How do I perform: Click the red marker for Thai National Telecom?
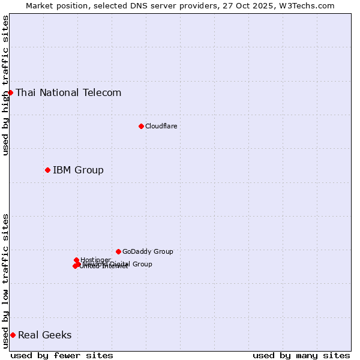tap(10, 92)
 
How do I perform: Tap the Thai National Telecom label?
tap(68, 92)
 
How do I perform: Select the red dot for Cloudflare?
tap(141, 126)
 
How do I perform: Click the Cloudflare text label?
tap(161, 126)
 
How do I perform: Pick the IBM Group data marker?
tap(47, 170)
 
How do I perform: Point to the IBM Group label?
tap(78, 170)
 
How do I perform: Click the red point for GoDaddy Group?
tap(118, 251)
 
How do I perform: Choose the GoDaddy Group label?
tap(148, 251)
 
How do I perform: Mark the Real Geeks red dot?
tap(13, 335)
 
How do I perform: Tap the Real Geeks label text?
tap(44, 335)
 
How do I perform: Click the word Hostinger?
tap(95, 260)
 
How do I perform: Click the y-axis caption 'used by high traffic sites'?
tap(5, 85)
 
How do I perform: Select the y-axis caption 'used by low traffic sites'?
tap(5, 281)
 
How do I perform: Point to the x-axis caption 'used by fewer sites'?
tap(62, 355)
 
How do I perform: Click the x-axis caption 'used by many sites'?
tap(301, 355)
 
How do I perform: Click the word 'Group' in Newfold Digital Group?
tap(142, 264)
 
